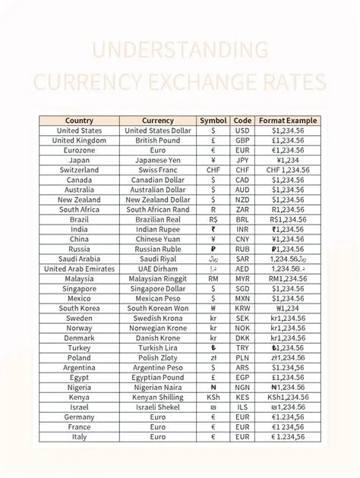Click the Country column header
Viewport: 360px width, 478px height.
tap(79, 121)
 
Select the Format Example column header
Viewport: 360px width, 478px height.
tap(288, 121)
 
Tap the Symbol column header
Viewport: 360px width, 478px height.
tap(213, 121)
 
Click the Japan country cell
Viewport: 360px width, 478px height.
tap(79, 160)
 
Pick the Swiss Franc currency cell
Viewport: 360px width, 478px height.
tap(158, 170)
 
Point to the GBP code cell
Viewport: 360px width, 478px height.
tap(242, 140)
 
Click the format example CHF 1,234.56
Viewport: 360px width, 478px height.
tap(288, 170)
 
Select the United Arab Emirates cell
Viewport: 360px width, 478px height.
tap(79, 269)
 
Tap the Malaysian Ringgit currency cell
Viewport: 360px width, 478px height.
tap(158, 278)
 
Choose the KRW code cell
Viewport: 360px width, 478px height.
tap(242, 308)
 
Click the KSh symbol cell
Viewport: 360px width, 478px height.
tap(213, 397)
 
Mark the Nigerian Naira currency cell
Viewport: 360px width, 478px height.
tap(158, 387)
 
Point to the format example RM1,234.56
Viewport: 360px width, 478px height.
tap(288, 278)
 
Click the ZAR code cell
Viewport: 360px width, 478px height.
tap(242, 209)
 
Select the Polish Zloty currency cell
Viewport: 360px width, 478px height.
tap(158, 357)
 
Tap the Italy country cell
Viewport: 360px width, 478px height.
tap(79, 436)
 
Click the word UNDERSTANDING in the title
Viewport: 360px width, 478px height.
tap(180, 51)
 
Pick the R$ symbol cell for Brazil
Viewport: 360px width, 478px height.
tap(213, 219)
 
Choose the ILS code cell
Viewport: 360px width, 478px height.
tap(242, 407)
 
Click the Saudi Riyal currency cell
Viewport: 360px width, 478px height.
tap(158, 259)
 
